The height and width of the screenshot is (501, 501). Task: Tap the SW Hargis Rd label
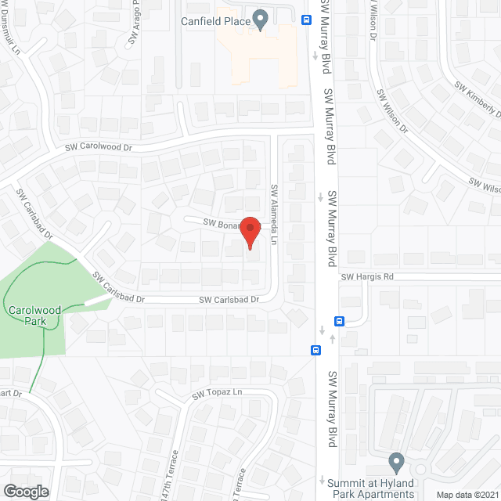(x=367, y=276)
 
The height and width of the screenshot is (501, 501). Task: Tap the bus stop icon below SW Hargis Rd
(x=340, y=320)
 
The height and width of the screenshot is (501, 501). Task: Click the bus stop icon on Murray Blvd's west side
(x=315, y=350)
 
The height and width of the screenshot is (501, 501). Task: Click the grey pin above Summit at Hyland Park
(x=396, y=460)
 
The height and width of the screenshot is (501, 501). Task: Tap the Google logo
(x=26, y=491)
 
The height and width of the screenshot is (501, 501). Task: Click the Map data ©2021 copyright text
(x=467, y=495)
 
